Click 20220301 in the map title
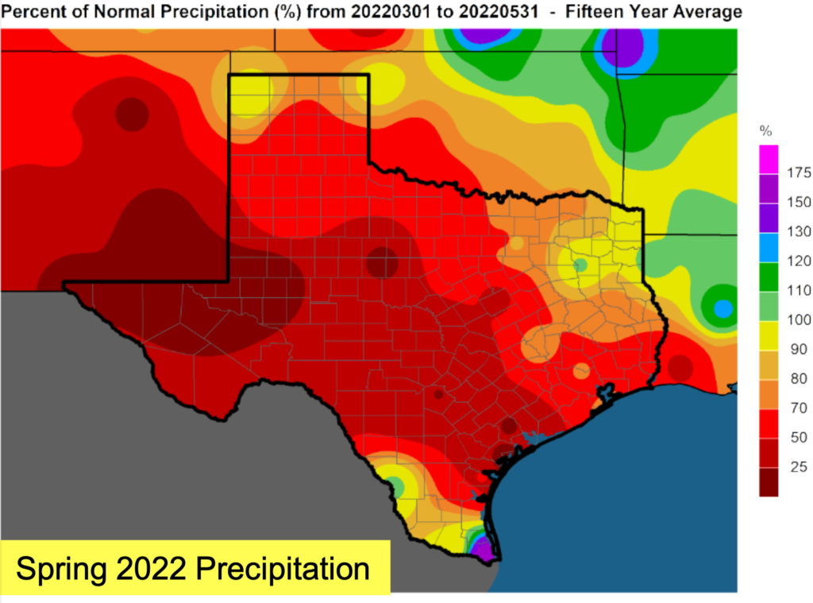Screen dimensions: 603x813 click(375, 12)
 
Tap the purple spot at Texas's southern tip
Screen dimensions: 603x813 click(480, 547)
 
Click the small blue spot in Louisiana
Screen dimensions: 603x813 click(722, 307)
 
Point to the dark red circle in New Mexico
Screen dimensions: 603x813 click(132, 114)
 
